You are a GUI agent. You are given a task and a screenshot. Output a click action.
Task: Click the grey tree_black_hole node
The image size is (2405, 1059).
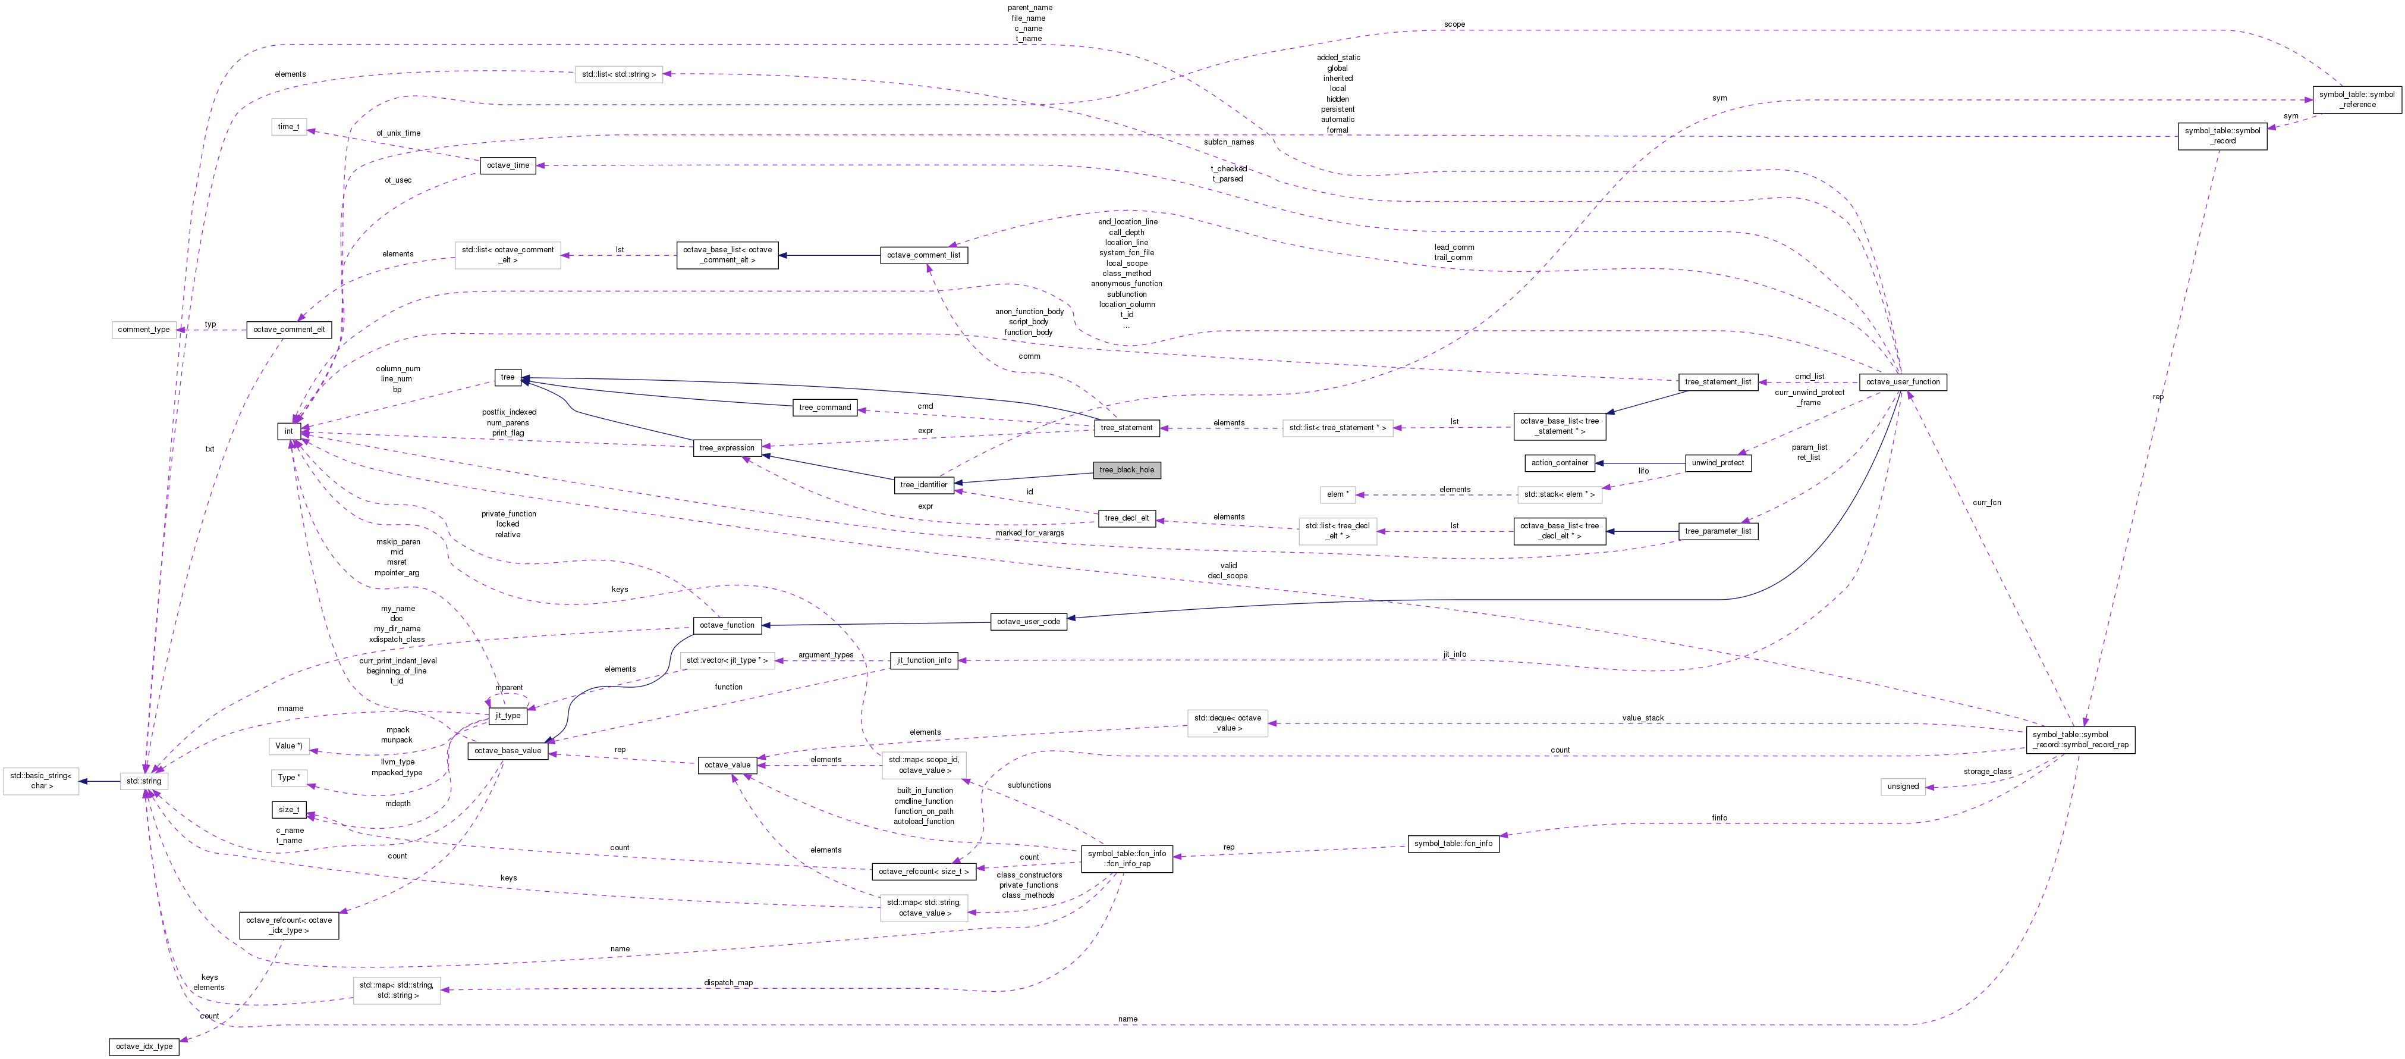pyautogui.click(x=1126, y=470)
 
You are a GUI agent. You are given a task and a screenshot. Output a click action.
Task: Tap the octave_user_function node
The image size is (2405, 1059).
pyautogui.click(x=1903, y=382)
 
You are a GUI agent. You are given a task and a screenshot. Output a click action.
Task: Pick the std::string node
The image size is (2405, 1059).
pyautogui.click(x=144, y=781)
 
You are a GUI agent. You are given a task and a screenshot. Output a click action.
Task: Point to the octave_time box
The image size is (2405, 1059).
pyautogui.click(x=508, y=165)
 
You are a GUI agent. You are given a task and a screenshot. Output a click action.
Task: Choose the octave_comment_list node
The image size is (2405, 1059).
pyautogui.click(x=923, y=255)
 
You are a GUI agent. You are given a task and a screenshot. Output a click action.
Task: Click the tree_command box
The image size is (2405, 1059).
pyautogui.click(x=825, y=407)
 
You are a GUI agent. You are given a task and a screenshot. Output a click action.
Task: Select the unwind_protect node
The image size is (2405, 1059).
pyautogui.click(x=1718, y=463)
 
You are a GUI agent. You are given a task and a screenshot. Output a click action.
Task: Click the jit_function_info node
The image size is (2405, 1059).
pyautogui.click(x=925, y=660)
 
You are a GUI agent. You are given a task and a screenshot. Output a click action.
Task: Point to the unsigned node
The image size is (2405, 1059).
pyautogui.click(x=1903, y=787)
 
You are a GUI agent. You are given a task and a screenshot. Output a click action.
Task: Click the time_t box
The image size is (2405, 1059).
pyautogui.click(x=288, y=127)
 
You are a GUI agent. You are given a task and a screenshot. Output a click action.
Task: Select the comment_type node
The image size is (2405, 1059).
pyautogui.click(x=144, y=330)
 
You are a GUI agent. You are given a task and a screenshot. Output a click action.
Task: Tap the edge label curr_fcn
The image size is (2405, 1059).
pyautogui.click(x=1987, y=502)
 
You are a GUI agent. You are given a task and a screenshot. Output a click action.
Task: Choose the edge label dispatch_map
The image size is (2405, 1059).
pyautogui.click(x=728, y=982)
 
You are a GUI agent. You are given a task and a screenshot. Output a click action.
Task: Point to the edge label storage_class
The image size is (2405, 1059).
pyautogui.click(x=1987, y=772)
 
